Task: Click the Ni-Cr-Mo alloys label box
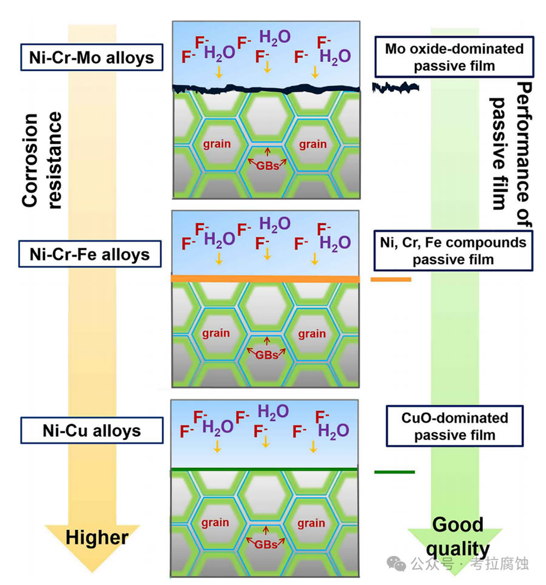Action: click(91, 58)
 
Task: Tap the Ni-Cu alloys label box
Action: click(92, 431)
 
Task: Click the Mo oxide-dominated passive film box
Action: click(454, 56)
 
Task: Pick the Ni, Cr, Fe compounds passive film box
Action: click(453, 251)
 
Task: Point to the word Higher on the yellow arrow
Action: click(97, 537)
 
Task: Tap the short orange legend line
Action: click(391, 280)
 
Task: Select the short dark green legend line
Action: click(394, 472)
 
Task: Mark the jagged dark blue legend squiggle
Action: click(396, 88)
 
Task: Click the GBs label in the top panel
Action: click(267, 164)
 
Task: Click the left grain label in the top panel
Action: click(216, 144)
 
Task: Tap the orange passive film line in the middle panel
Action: click(266, 279)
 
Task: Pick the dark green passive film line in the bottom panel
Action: click(266, 470)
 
